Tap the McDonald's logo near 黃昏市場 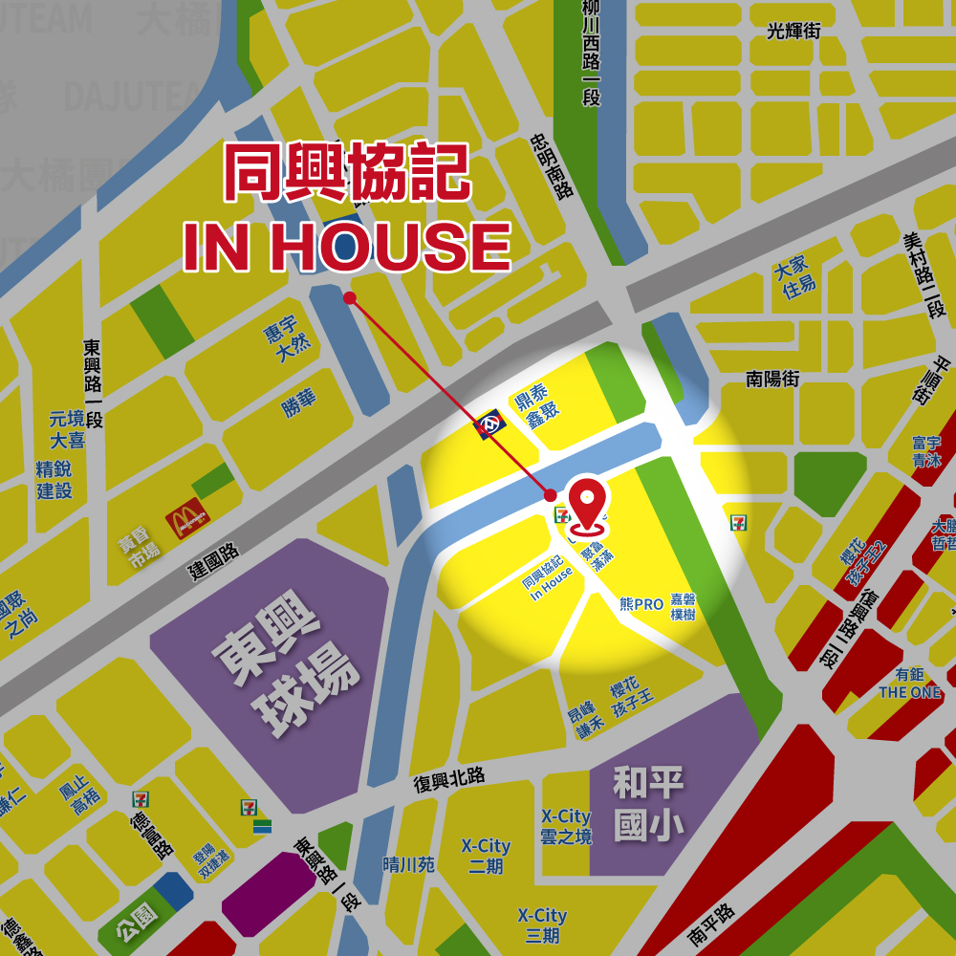pyautogui.click(x=186, y=519)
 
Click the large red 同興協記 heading pyautogui.click(x=346, y=173)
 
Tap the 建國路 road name pyautogui.click(x=214, y=562)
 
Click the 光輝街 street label pyautogui.click(x=793, y=32)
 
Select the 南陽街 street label pyautogui.click(x=772, y=380)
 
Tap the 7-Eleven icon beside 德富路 pyautogui.click(x=141, y=797)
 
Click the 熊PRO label pyautogui.click(x=641, y=604)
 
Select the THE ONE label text pyautogui.click(x=909, y=692)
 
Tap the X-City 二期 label pyautogui.click(x=486, y=857)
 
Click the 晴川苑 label pyautogui.click(x=408, y=864)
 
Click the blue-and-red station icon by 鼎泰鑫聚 pyautogui.click(x=490, y=424)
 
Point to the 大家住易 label pyautogui.click(x=798, y=276)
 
